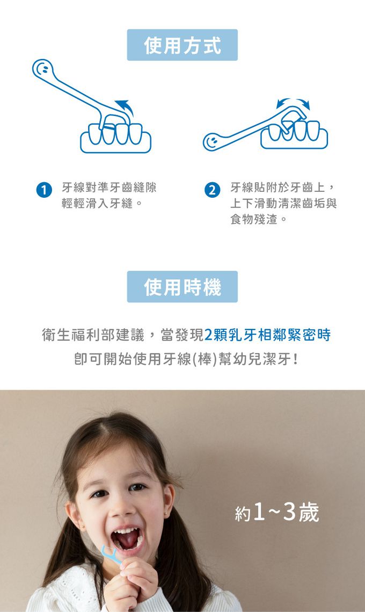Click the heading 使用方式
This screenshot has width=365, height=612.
pos(182,45)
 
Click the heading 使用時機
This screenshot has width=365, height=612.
pos(182,286)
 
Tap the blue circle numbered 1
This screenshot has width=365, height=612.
pos(44,190)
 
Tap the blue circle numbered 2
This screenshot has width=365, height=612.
pos(212,190)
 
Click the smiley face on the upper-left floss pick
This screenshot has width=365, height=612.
pos(42,69)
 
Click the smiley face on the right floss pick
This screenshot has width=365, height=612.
pos(213,141)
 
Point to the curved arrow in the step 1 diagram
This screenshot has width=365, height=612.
pos(125,106)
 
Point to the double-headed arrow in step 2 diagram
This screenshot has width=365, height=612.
pos(293,103)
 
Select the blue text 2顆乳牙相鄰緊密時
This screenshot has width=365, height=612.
pos(267,335)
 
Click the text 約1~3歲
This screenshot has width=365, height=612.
pos(277,513)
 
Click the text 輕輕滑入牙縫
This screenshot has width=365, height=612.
pos(101,203)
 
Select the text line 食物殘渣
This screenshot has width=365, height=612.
pos(258,219)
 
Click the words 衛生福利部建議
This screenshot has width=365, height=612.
pos(93,335)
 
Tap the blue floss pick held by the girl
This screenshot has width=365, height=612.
pos(111,555)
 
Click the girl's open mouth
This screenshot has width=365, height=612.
pos(127,539)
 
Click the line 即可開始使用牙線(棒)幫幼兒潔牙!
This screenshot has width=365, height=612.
pos(186,359)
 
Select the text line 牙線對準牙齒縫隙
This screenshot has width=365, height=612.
pos(109,188)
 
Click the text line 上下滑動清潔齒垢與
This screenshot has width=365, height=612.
pos(283,203)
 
